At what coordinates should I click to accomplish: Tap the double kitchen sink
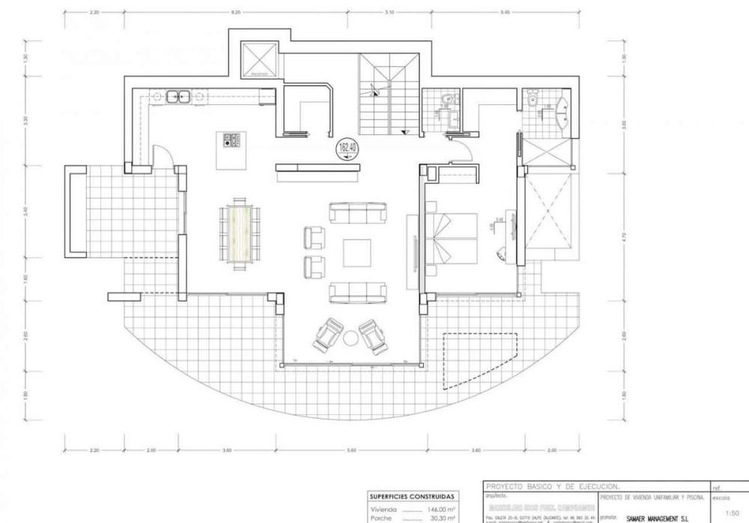(x=178, y=96)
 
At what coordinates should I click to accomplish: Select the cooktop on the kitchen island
(x=230, y=140)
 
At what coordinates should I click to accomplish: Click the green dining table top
(x=240, y=233)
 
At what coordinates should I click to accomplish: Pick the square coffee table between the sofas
(x=357, y=253)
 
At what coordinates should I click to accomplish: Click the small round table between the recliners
(x=350, y=338)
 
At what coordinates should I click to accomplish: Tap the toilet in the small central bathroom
(x=447, y=97)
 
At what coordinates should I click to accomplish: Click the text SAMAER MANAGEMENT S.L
(x=658, y=516)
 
